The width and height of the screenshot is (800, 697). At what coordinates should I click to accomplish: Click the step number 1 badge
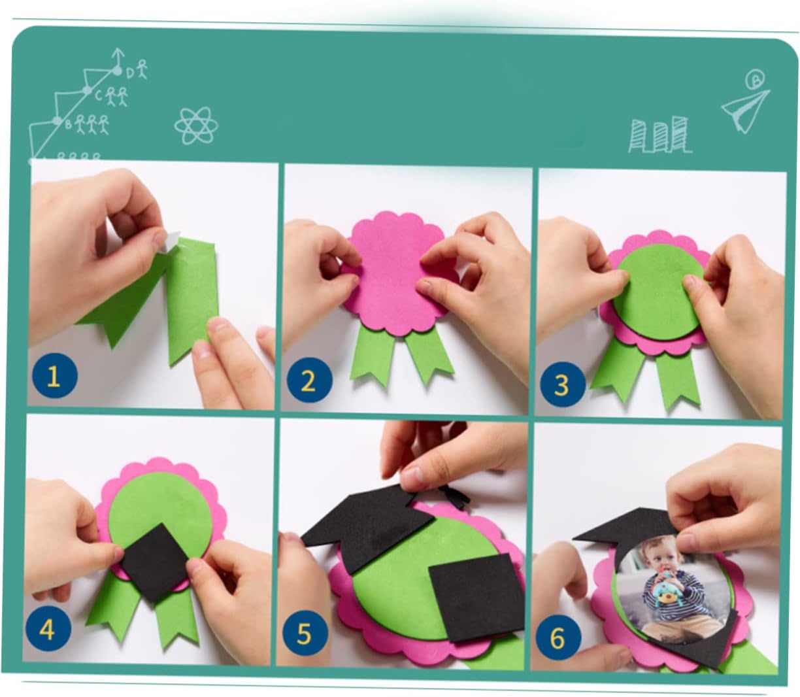tap(54, 375)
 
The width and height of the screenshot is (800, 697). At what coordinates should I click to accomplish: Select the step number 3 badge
tap(562, 384)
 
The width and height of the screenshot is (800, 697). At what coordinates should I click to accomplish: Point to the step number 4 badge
tap(48, 630)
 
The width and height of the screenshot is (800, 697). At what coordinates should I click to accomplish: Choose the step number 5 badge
tap(305, 633)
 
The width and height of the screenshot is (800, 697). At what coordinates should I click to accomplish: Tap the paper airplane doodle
tap(745, 110)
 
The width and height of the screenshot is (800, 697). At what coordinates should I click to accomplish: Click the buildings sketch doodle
tap(659, 135)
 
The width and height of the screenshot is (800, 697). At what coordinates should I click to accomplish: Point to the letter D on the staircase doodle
tap(130, 73)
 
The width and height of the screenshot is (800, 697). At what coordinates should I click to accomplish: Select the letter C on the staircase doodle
tap(99, 95)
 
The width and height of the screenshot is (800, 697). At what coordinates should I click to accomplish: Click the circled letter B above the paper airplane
tap(756, 80)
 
